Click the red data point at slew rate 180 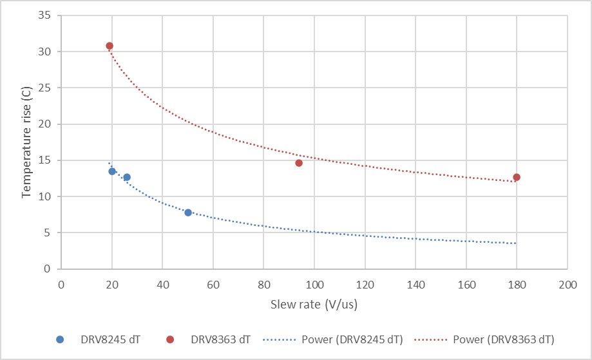click(517, 177)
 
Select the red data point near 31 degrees click(110, 46)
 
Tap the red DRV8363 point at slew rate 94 click(299, 163)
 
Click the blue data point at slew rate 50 click(188, 213)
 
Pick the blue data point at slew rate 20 click(112, 171)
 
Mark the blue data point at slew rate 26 click(127, 177)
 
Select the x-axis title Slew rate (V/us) click(314, 303)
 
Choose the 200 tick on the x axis click(567, 285)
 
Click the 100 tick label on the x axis click(314, 285)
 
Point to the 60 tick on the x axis click(213, 285)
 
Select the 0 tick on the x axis click(61, 285)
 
